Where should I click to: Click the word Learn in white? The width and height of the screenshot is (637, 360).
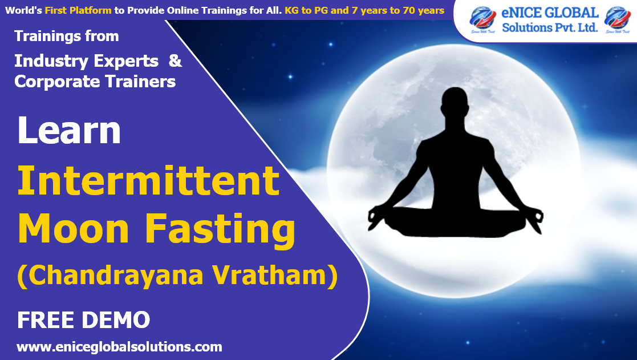point(69,131)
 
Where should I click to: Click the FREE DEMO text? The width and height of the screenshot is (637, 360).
point(83,320)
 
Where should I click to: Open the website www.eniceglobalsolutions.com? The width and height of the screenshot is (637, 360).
point(119,346)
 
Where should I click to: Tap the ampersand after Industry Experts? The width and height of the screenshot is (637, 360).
point(176,61)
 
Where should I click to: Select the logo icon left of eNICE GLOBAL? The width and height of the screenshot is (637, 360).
point(482,19)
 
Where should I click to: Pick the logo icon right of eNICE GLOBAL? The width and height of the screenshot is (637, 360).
point(618,19)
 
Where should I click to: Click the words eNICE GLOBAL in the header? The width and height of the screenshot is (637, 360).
point(550,13)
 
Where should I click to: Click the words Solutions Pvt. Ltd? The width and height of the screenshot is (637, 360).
point(550,27)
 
